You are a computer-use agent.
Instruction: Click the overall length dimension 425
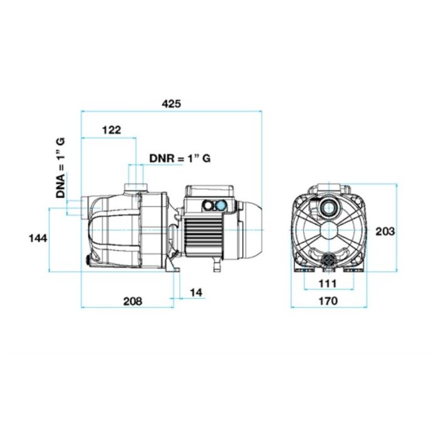[171, 104]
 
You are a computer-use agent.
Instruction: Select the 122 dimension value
[111, 130]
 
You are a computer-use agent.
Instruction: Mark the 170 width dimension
[327, 301]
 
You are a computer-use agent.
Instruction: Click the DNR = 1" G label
[180, 158]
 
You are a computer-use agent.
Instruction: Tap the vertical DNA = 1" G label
[60, 168]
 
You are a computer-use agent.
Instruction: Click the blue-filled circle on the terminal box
[221, 206]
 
